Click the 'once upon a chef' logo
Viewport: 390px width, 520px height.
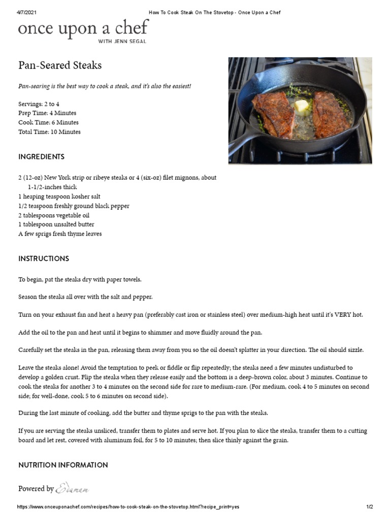point(83,28)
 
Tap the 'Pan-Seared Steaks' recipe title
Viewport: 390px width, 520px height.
point(60,66)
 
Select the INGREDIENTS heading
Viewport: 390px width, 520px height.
point(42,157)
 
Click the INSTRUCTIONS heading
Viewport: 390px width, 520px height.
point(44,258)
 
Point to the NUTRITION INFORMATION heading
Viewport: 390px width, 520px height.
point(63,465)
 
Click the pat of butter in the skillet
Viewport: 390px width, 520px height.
point(302,106)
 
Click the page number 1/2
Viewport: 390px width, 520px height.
point(370,507)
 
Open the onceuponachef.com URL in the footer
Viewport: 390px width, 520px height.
point(128,507)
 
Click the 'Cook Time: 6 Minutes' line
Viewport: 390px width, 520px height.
point(48,122)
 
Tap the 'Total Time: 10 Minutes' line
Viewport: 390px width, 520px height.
point(49,132)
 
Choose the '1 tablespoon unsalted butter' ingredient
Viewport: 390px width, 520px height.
point(56,224)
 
